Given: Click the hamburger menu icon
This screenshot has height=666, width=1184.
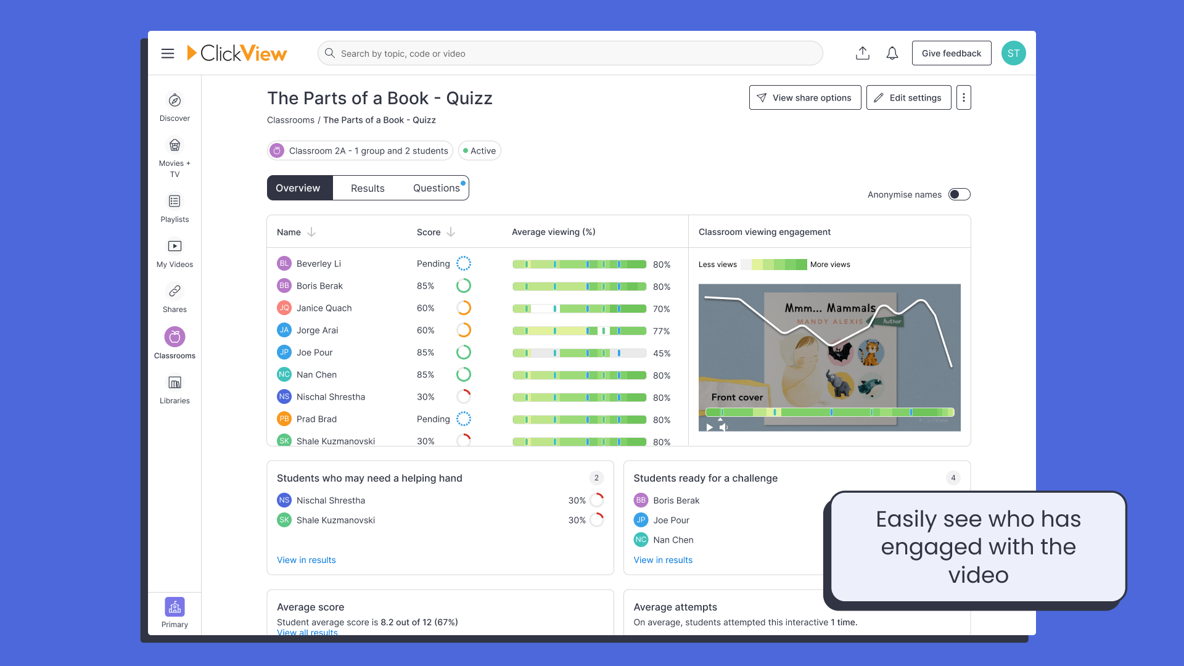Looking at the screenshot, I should (x=168, y=54).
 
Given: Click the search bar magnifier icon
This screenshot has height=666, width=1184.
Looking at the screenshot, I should (x=330, y=54).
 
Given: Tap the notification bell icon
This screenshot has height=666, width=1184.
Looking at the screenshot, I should (x=892, y=54).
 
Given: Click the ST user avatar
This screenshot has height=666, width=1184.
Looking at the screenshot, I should (x=1013, y=54).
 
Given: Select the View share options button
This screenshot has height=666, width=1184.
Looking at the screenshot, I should (x=805, y=98).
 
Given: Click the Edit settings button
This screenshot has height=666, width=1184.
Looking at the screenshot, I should (x=908, y=98).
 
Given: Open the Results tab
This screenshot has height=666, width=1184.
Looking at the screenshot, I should (x=368, y=189).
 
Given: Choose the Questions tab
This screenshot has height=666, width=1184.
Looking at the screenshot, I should (x=436, y=189).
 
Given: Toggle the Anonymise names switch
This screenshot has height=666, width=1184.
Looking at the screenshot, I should (x=959, y=195).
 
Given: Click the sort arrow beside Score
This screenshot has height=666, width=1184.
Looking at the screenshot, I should (x=451, y=232).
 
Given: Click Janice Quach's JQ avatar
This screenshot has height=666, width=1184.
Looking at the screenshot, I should (x=284, y=308).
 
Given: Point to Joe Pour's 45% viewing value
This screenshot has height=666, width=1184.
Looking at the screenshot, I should (x=662, y=353).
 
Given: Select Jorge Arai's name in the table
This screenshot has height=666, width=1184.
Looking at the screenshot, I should (x=317, y=331).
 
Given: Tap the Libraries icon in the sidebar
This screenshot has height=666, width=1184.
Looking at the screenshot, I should (x=175, y=384).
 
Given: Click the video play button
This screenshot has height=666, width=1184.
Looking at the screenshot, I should (x=710, y=427).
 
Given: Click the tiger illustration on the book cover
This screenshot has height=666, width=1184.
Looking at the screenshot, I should (x=871, y=353).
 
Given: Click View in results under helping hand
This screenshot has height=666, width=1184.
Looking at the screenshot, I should (x=306, y=561).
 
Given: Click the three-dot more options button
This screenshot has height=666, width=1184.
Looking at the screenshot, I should (x=963, y=98).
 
